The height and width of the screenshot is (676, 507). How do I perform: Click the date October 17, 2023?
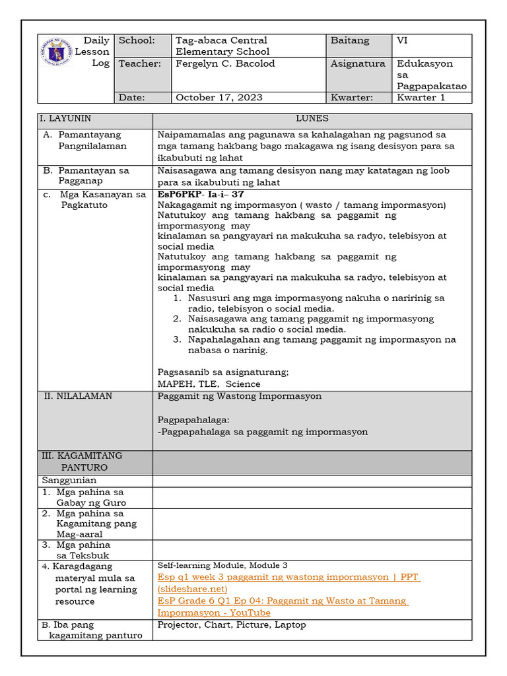219,98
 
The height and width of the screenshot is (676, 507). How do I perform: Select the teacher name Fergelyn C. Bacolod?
225,64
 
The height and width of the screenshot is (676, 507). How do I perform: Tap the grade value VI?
402,41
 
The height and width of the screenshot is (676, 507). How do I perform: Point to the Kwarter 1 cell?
421,98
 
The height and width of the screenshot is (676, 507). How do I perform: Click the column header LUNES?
312,119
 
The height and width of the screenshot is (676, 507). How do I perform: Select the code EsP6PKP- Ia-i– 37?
201,195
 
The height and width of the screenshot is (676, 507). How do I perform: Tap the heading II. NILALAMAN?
78,396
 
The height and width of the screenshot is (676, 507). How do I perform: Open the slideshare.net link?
288,583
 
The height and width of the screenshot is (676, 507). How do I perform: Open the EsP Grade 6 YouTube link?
283,607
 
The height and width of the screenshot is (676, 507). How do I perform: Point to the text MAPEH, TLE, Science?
209,384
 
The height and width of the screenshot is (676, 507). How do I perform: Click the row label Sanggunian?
69,480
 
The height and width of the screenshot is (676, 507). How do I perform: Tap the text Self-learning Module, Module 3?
222,566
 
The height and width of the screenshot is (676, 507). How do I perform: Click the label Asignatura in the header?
357,64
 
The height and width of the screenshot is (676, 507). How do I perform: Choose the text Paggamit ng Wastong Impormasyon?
240,396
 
